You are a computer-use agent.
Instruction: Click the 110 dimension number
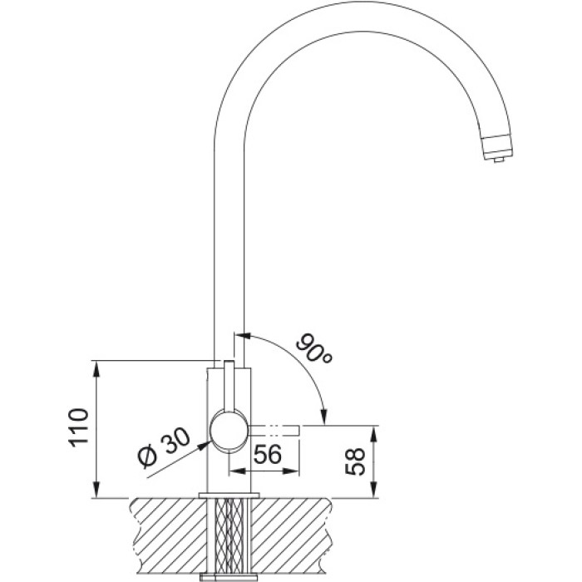(79, 428)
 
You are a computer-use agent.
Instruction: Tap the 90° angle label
(313, 348)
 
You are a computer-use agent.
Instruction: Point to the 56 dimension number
(267, 454)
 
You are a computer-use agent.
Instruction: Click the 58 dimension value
(355, 461)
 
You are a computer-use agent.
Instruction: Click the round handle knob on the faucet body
(229, 432)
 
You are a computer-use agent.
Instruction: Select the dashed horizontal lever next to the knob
(274, 430)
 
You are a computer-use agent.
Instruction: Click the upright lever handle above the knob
(229, 385)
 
